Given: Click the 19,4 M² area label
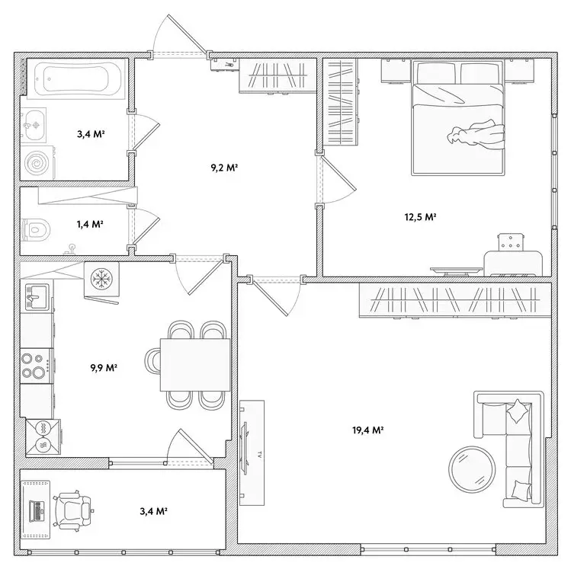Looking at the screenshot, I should pos(367,430).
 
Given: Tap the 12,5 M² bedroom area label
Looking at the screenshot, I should pos(419,217).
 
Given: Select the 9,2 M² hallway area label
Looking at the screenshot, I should pos(225,167).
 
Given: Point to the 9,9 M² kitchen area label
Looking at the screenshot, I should pos(103,367).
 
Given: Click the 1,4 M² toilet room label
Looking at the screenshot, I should pos(90,225).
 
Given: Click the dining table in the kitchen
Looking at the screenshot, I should pos(195,365).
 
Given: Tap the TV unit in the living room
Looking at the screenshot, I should pos(249,452).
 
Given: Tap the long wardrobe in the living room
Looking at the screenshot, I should pos(454,301).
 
